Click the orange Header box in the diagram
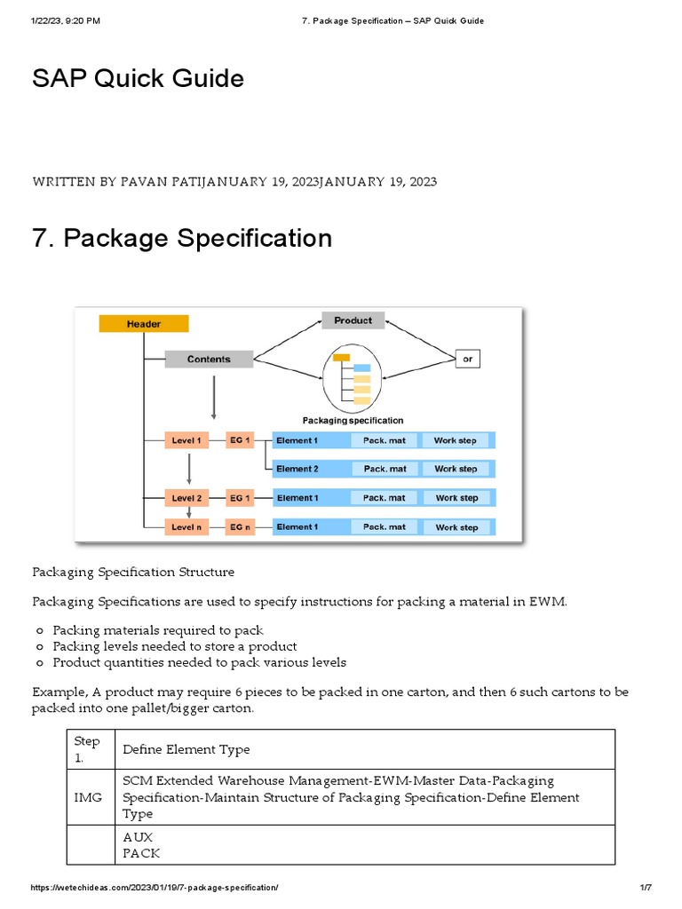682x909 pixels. click(143, 324)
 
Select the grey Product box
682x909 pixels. click(353, 320)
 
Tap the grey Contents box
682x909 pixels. click(209, 360)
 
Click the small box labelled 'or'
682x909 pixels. click(467, 359)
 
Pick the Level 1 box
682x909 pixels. click(186, 440)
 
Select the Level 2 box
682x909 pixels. click(186, 498)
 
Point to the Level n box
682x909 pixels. click(186, 527)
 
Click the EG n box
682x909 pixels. click(240, 527)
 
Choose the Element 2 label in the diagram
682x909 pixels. click(297, 469)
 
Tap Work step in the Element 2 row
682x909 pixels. click(456, 469)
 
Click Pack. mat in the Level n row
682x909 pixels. click(385, 527)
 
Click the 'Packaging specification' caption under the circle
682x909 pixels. click(353, 420)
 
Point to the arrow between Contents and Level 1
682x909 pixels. click(213, 397)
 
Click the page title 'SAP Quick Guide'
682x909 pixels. click(138, 78)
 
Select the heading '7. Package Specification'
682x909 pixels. click(182, 238)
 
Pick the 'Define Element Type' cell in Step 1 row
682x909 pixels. click(186, 749)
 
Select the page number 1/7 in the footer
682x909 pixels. click(646, 889)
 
